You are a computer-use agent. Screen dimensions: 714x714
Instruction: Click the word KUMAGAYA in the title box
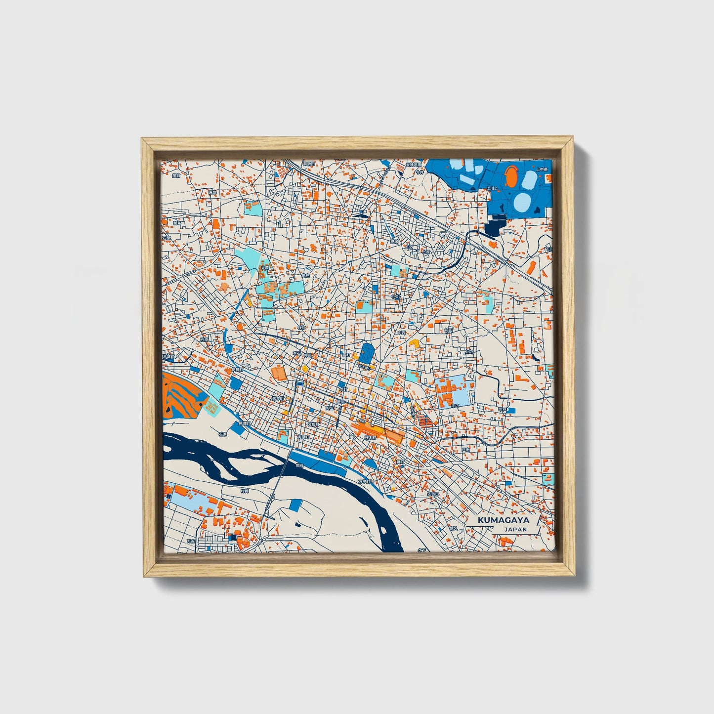tap(503, 520)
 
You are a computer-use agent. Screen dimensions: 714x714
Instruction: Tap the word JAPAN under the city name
tap(515, 529)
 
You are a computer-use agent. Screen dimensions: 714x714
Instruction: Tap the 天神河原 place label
tap(414, 165)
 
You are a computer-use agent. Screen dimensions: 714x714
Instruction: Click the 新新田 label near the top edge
tap(309, 164)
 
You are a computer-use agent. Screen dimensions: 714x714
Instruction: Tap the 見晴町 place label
tap(244, 423)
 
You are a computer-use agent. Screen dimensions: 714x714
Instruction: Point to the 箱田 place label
tap(448, 329)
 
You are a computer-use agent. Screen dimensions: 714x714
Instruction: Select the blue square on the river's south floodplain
tap(295, 505)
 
